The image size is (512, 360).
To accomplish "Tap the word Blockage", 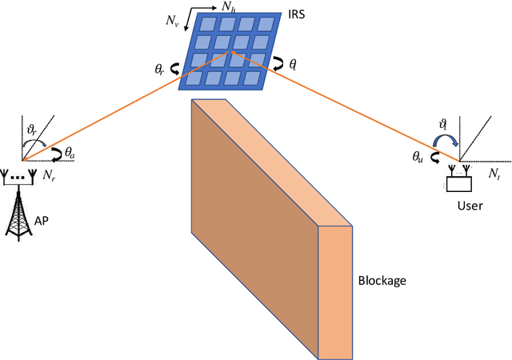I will point(383,281).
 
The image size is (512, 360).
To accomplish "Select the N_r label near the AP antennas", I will point(49,174).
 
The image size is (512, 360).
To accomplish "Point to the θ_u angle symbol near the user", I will point(418,157).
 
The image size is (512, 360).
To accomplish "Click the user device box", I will point(458,183).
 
